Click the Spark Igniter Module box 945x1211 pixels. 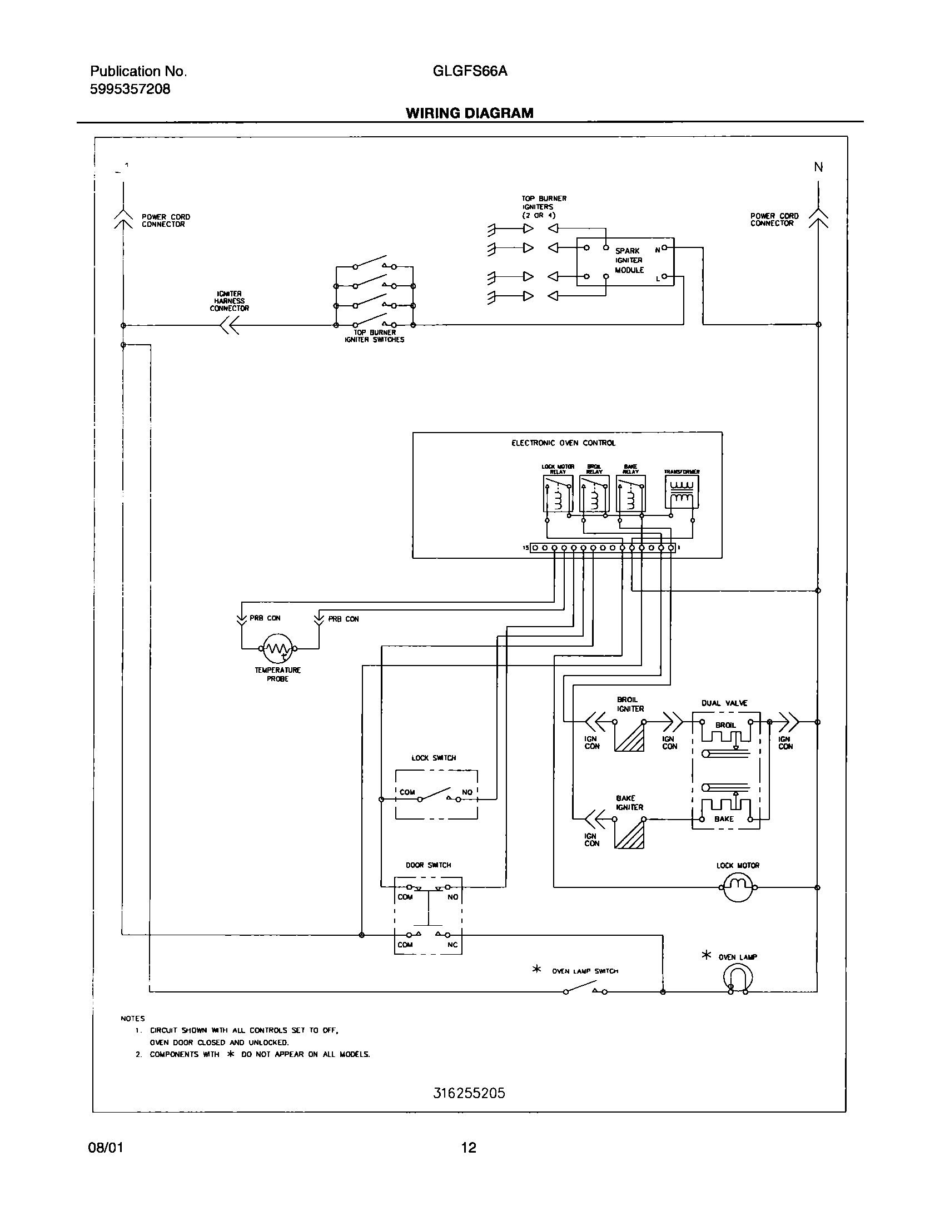pos(625,261)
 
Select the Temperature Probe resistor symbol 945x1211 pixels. pos(277,648)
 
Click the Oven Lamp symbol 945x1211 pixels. pos(738,979)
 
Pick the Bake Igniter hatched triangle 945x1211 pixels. pos(629,835)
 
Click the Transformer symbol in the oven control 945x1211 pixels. pos(682,492)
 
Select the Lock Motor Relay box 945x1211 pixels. pos(558,493)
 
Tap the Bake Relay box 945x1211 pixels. pos(630,493)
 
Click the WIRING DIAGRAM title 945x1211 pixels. pos(469,113)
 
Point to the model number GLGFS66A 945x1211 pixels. pos(469,71)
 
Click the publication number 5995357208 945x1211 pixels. pos(130,89)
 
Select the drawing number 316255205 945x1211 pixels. pos(469,1094)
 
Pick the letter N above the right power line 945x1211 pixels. pos(818,167)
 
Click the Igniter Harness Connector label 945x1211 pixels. pos(229,301)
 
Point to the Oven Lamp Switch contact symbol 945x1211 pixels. pos(586,987)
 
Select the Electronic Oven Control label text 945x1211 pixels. pos(563,443)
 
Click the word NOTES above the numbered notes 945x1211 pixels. pos(132,1019)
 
